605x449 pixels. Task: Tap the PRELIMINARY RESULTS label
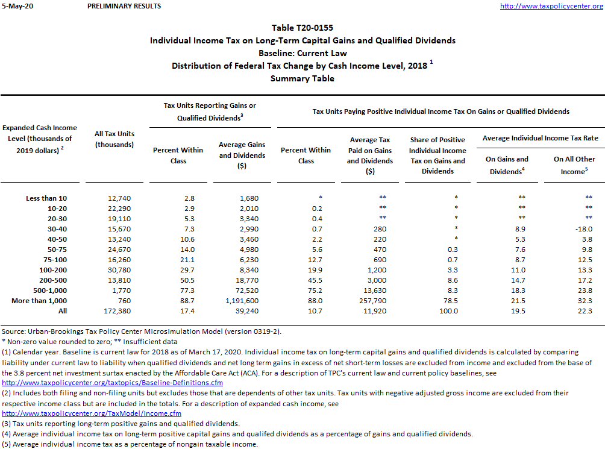coord(124,6)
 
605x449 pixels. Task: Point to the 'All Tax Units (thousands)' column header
coord(114,139)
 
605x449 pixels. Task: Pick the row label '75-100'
coord(55,260)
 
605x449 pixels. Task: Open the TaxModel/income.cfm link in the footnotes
coord(92,413)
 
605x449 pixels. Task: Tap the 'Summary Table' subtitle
coord(302,78)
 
